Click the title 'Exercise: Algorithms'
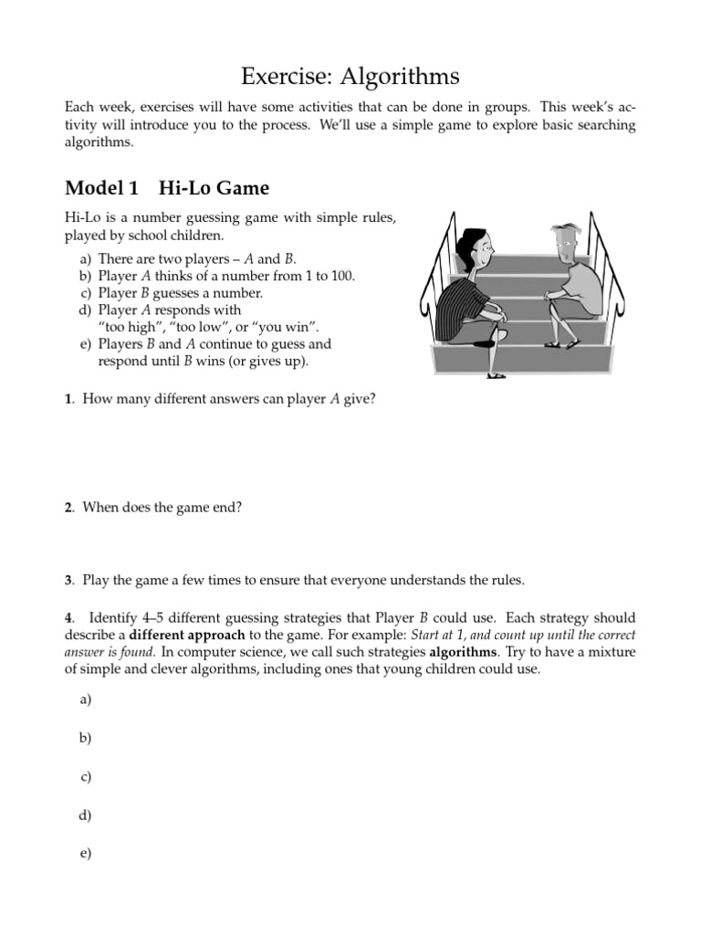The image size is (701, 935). pos(350,75)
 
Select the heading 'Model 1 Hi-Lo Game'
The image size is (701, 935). pos(167,189)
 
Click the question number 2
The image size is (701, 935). pos(69,507)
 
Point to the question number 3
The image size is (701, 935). pos(69,580)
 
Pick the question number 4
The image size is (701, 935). pos(69,618)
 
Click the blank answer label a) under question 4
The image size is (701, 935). pos(85,699)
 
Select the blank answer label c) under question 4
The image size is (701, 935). pos(85,777)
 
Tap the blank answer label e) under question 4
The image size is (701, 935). pos(85,854)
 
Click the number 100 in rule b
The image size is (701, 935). pos(342,276)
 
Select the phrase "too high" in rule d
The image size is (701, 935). pos(127,327)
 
